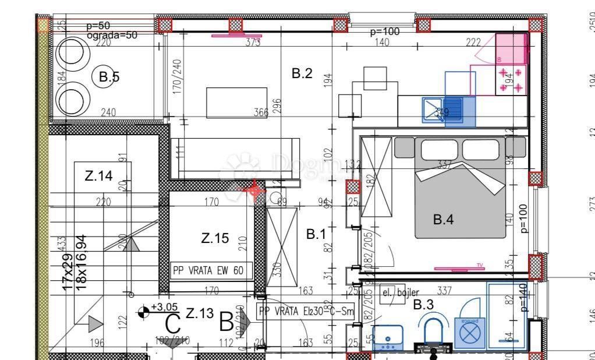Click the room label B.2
tap(302, 73)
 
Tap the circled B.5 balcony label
tap(108, 76)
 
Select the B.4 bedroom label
tap(443, 220)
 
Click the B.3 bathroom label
tap(423, 304)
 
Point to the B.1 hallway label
tap(316, 234)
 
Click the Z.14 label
tap(98, 176)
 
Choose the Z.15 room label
tap(215, 238)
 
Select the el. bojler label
tap(400, 292)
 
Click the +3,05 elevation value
tap(164, 307)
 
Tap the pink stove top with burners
tap(511, 80)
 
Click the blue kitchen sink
tap(442, 110)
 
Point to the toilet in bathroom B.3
tap(434, 334)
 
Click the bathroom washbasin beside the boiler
tap(387, 337)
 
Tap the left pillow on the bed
tap(440, 150)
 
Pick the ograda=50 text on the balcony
tap(112, 35)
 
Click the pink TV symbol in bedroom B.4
tap(460, 268)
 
